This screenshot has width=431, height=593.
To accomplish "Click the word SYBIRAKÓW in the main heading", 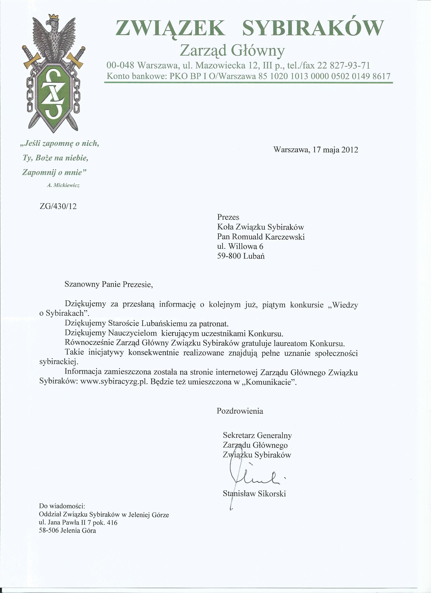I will [x=313, y=28].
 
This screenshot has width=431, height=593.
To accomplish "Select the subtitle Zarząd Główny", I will [x=232, y=50].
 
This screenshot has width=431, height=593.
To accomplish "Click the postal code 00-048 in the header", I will [x=120, y=65].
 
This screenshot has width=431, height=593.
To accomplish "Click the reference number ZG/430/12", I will [x=58, y=206].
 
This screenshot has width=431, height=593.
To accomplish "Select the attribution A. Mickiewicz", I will [x=63, y=185].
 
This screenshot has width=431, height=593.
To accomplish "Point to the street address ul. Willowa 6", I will [x=240, y=246].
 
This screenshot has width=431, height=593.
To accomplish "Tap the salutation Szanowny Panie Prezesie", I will [x=109, y=284].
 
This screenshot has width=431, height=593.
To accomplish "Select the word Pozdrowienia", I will [x=240, y=411].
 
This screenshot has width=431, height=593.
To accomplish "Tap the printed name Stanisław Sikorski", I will [x=254, y=494].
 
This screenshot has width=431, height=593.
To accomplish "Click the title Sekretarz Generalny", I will [x=257, y=435].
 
